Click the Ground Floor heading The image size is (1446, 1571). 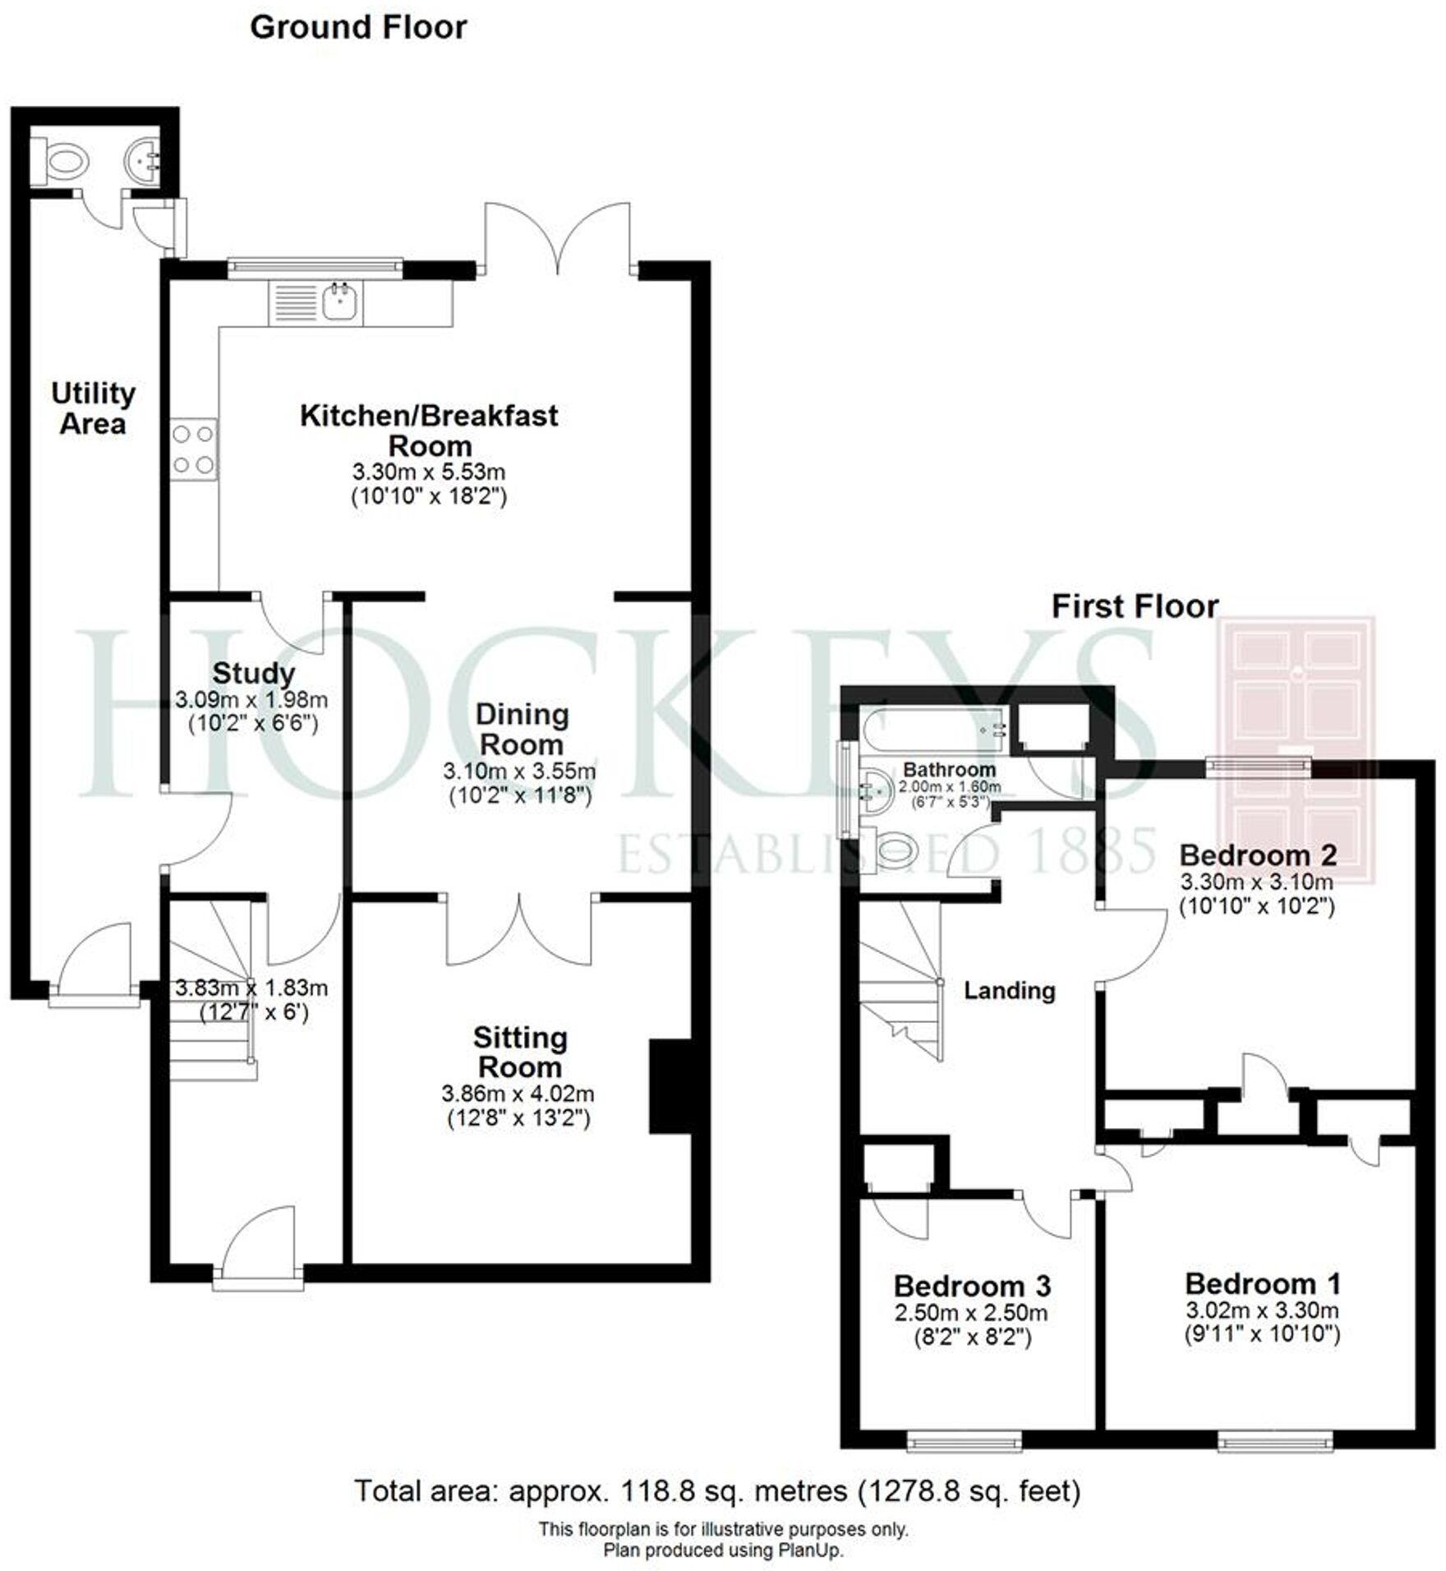(x=358, y=28)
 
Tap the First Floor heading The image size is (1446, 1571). (x=1135, y=606)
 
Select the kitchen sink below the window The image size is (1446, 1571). (x=339, y=302)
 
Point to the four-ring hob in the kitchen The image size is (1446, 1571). (x=194, y=449)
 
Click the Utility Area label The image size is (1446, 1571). (x=93, y=408)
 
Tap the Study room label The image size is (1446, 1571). (x=254, y=673)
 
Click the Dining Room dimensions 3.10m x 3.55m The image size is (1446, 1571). (x=519, y=771)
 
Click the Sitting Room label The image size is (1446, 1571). (x=520, y=1053)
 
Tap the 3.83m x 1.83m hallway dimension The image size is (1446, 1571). (x=251, y=988)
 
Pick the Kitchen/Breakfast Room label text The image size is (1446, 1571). (x=429, y=430)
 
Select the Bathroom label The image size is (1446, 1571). (x=949, y=770)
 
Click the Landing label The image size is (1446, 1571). (x=1009, y=990)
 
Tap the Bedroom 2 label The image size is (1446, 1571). (x=1257, y=855)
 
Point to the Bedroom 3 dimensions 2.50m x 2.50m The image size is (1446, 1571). (x=971, y=1313)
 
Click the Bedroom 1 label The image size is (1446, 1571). (x=1262, y=1283)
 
